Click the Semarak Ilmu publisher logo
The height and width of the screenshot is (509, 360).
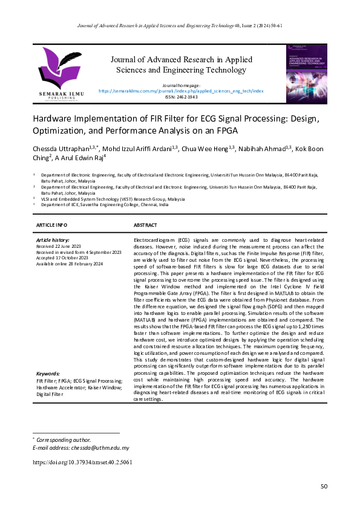tap(59, 71)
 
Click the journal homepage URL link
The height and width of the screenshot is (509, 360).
tap(180, 91)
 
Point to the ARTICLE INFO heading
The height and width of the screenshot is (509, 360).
tap(52, 225)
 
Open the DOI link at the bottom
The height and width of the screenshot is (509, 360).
tap(82, 462)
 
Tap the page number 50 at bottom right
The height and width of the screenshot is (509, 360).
tap(324, 486)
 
